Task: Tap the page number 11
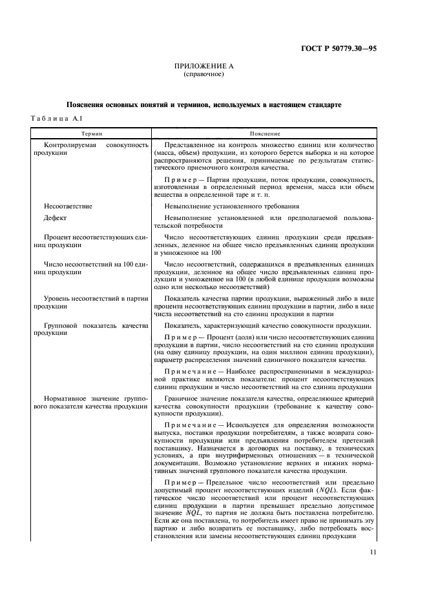[x=374, y=552]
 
